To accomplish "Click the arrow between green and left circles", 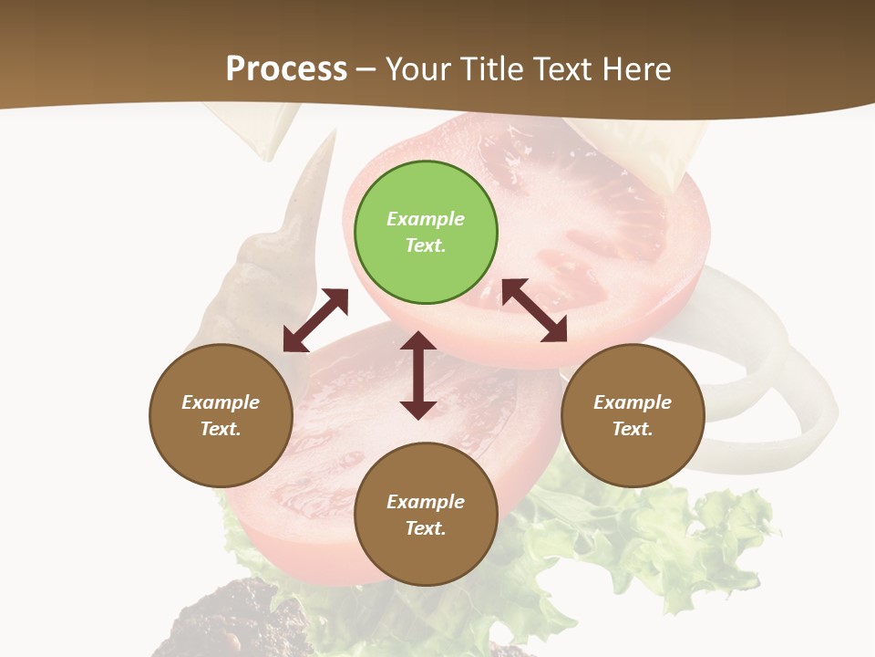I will tap(315, 320).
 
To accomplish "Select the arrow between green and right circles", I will tap(534, 310).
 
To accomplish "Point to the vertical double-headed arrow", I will tap(418, 375).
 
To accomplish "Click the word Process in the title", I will tap(286, 68).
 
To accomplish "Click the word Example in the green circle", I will tap(426, 219).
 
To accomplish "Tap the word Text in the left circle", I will tap(220, 429).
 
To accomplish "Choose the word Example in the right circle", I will tap(633, 402).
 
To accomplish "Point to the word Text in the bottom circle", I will tap(424, 528).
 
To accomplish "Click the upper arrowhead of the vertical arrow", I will tap(418, 341).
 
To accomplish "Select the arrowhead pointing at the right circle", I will tap(554, 330).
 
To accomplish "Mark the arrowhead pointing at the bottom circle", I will tap(418, 409).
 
